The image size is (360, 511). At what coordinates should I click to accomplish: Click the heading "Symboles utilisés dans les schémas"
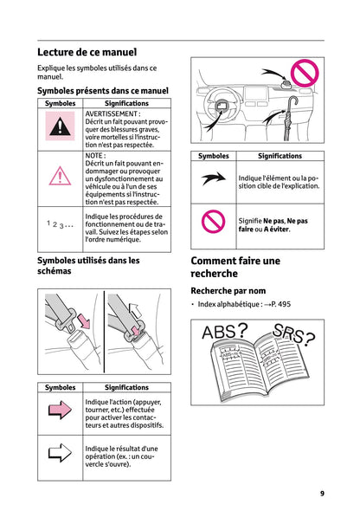[89, 265]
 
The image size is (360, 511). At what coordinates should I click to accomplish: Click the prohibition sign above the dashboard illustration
[305, 73]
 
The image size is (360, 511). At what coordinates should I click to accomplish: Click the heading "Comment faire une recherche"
[235, 267]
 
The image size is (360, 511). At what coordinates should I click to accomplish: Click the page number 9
[322, 493]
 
